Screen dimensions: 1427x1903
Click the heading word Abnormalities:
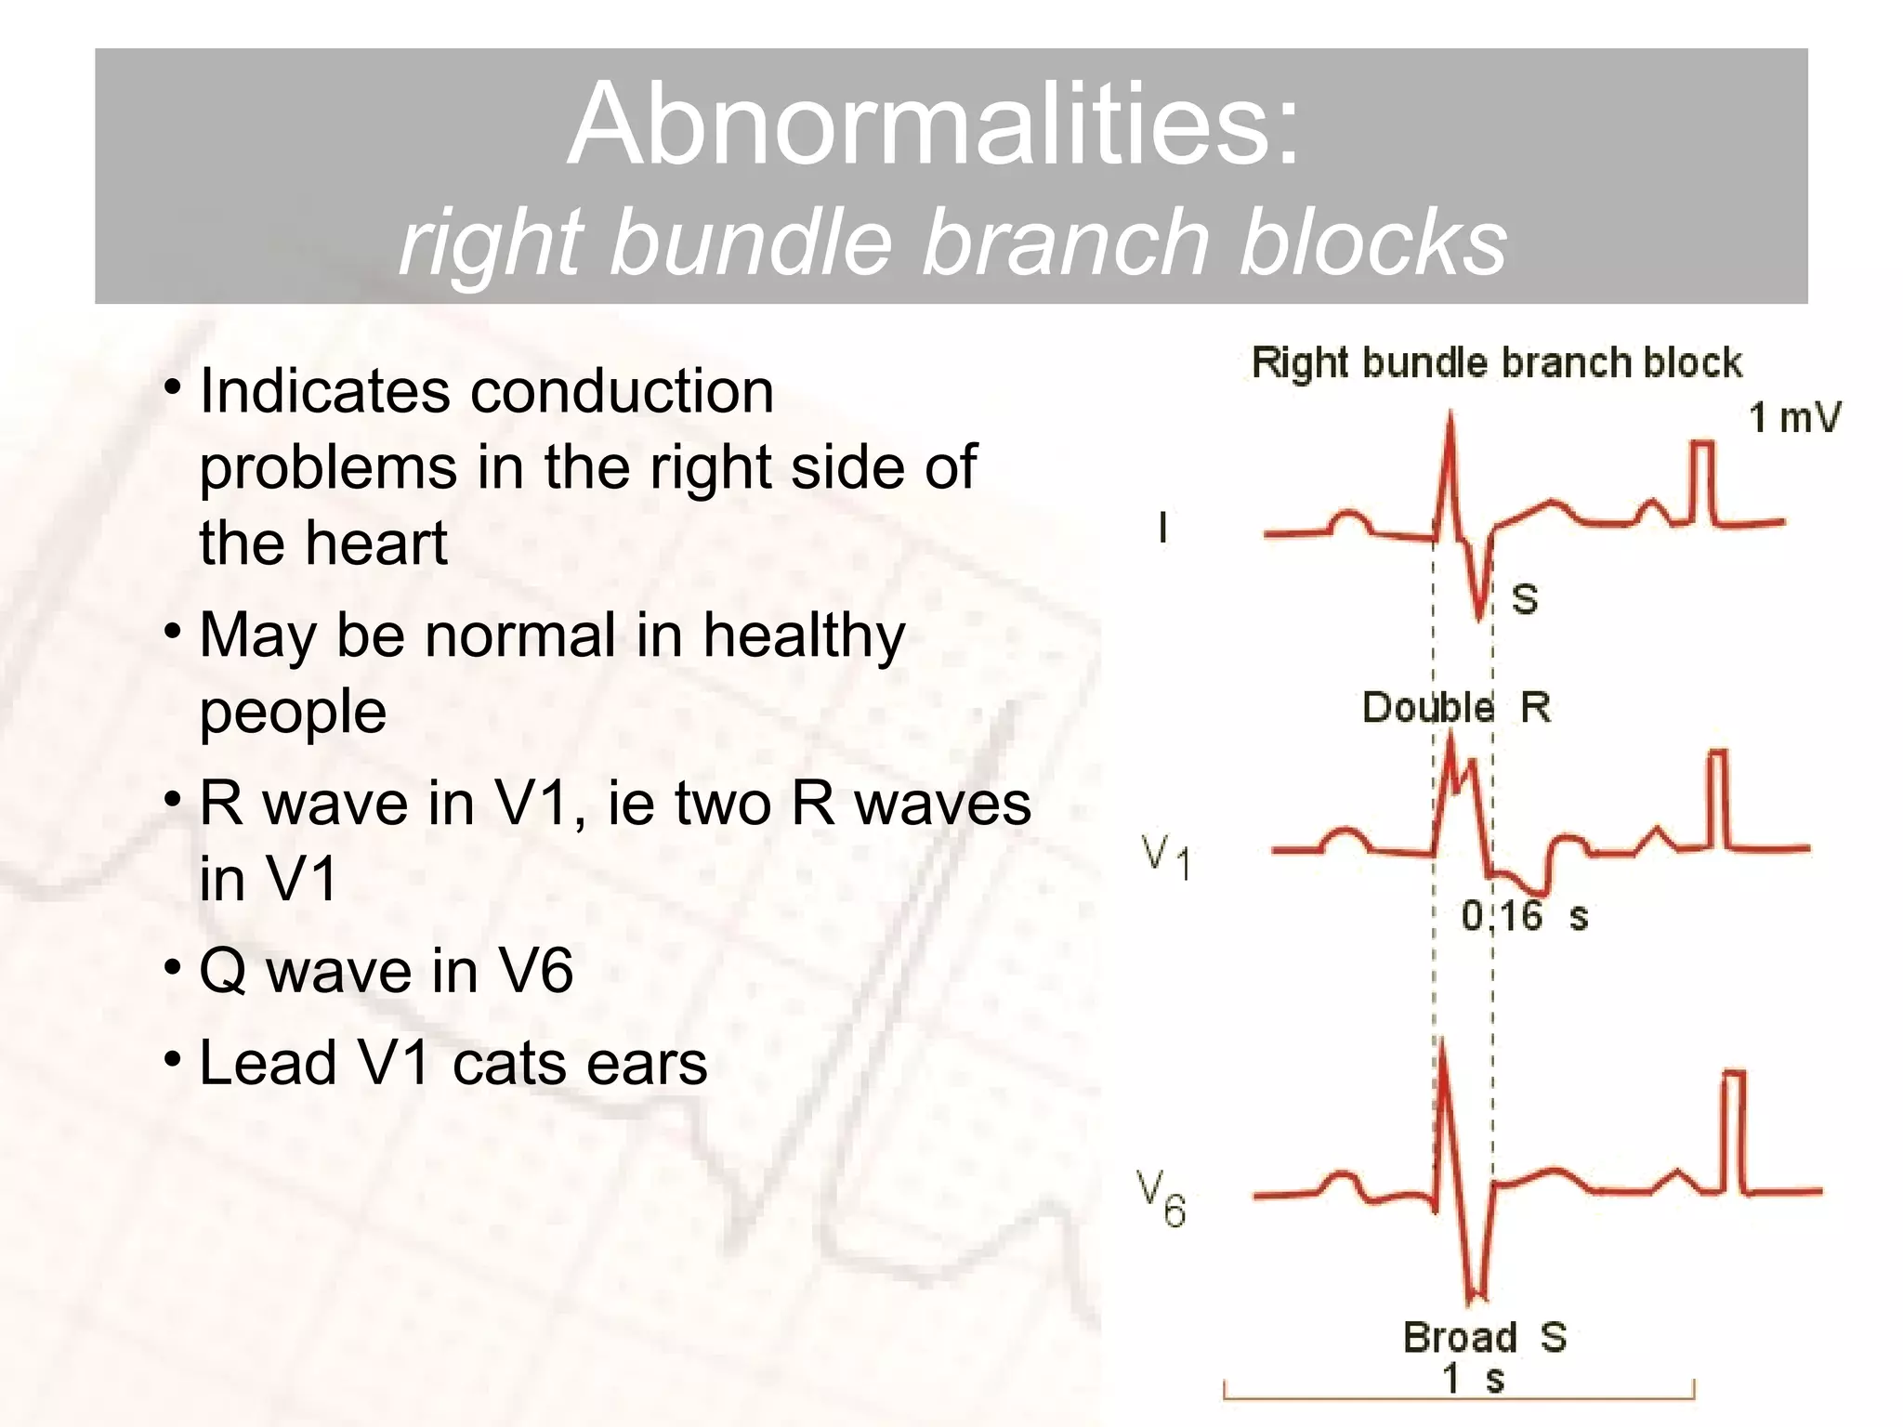(934, 125)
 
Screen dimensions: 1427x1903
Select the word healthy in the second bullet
(804, 637)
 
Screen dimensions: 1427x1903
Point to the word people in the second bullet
(293, 713)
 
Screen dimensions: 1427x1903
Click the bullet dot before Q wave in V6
(173, 967)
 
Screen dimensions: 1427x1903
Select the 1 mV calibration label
(1794, 418)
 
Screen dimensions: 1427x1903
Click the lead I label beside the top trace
(1162, 529)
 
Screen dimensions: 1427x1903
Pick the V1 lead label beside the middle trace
(1165, 856)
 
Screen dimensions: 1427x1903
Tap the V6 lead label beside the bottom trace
(1161, 1198)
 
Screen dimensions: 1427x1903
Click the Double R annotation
(1455, 708)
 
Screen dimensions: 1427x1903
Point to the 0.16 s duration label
(1524, 916)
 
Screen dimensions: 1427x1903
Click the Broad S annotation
(1484, 1337)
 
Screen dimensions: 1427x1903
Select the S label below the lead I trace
(1525, 599)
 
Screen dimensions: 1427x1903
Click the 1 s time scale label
(1472, 1379)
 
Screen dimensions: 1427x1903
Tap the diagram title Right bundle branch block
(1496, 362)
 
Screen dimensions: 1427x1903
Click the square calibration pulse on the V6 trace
(1734, 1129)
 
